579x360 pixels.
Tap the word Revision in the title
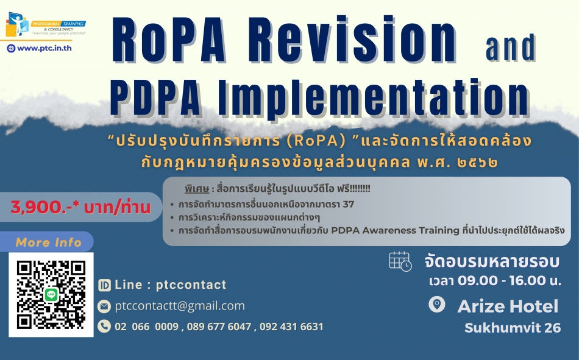coord(349,40)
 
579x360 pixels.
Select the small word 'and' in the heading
coord(510,47)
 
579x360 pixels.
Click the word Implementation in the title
coord(372,96)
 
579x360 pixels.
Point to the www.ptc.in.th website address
coord(44,48)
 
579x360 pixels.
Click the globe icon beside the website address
coord(11,48)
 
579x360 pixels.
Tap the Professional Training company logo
coord(46,24)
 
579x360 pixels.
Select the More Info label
coord(48,242)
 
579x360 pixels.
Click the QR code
coord(51,295)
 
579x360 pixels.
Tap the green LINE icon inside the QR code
coord(51,295)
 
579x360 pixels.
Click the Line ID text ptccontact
coord(191,285)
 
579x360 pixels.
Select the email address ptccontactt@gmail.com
coord(180,306)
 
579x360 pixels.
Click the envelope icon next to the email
coord(104,306)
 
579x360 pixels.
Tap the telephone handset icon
coord(104,326)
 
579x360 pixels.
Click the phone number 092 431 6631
coord(291,326)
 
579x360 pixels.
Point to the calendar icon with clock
coord(400,261)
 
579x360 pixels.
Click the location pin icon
coord(437,305)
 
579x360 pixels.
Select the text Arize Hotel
coord(508,306)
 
